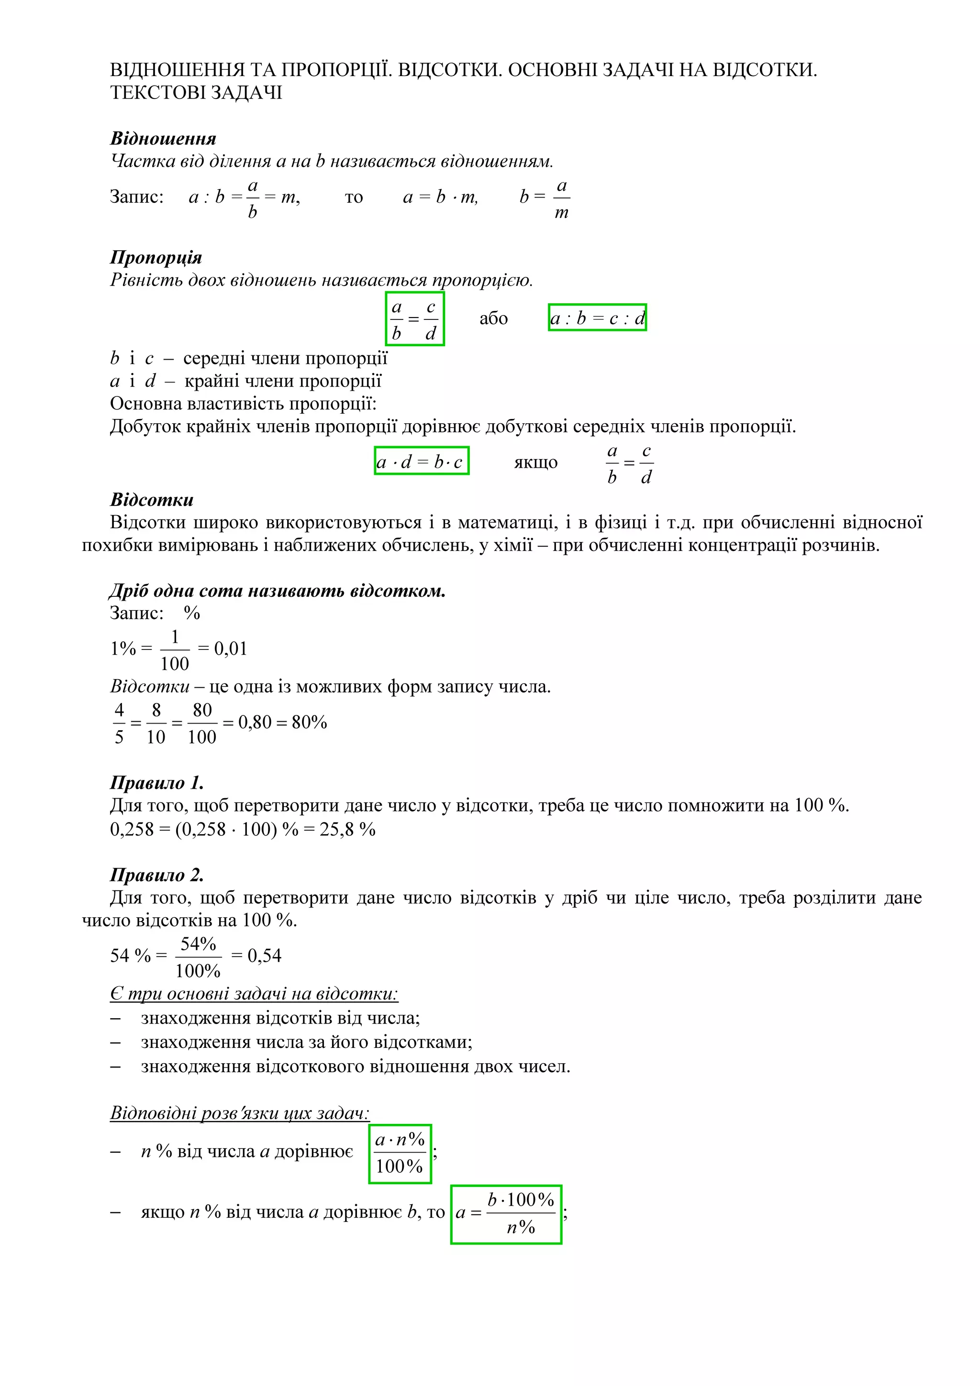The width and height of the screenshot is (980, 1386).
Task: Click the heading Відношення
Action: tap(163, 138)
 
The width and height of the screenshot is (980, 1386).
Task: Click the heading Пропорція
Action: tap(156, 257)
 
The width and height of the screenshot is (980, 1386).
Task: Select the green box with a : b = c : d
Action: tap(597, 318)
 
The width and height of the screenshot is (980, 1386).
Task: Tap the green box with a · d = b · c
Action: tap(422, 462)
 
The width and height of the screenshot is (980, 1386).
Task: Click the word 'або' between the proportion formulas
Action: tap(493, 319)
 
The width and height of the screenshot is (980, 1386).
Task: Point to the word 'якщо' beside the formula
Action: tap(535, 462)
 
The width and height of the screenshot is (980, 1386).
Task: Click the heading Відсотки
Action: tap(152, 500)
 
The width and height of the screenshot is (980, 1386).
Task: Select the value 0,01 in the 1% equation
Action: tap(231, 649)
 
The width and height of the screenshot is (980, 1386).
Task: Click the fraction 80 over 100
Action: tap(201, 723)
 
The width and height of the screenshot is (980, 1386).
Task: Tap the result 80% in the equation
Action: tap(309, 722)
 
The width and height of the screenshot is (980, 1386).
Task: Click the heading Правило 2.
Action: tap(157, 875)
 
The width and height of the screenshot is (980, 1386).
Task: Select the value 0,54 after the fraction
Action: tap(265, 956)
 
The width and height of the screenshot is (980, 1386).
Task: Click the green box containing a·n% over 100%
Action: tap(400, 1154)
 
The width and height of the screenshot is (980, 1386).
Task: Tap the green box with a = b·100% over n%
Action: tap(506, 1214)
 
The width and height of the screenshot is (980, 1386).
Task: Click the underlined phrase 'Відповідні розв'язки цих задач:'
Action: tap(239, 1112)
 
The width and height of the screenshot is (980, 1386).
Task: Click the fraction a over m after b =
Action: tap(562, 198)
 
